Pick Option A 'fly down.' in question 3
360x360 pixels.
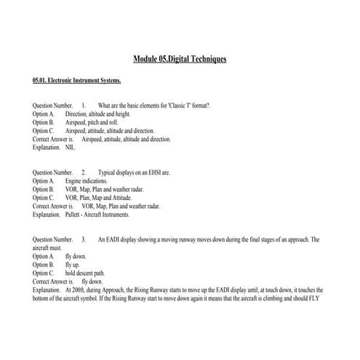[x=76, y=256]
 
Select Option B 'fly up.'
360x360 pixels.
[x=73, y=264]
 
